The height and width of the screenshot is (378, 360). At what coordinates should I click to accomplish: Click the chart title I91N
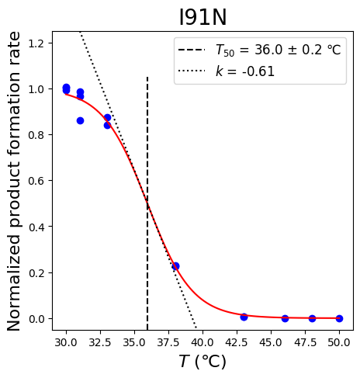202,18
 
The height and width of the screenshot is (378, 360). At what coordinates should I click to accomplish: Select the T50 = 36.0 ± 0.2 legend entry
279,50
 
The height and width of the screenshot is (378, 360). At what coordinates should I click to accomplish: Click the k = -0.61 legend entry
245,71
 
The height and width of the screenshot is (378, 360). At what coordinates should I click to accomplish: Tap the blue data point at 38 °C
175,266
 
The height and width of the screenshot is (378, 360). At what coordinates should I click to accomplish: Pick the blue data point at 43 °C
244,317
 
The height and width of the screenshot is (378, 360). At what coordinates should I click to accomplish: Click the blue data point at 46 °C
285,318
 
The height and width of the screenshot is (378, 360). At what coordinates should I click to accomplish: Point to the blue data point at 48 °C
312,318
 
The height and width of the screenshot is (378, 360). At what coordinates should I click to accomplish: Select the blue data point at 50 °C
340,318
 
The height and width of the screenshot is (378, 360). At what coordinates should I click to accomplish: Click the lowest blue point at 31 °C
80,120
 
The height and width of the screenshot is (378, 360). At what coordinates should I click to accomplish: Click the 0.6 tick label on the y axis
36,181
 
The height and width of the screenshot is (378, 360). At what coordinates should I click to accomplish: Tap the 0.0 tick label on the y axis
36,319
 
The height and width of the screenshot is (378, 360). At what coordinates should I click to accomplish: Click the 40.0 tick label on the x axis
202,342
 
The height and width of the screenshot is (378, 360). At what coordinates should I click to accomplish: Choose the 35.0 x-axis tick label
134,342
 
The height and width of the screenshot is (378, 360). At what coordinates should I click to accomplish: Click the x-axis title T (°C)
202,361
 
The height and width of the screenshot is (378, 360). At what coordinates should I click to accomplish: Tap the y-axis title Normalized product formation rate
13,181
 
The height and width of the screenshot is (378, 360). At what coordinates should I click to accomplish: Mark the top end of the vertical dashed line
147,77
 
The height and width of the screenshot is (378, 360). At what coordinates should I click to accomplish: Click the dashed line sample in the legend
192,50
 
